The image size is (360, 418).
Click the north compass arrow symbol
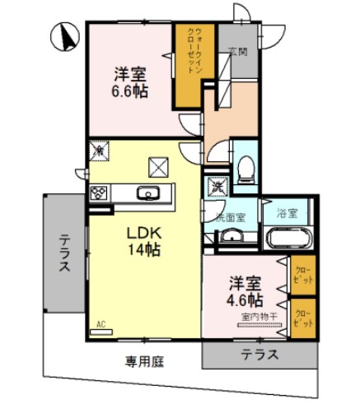(65, 36)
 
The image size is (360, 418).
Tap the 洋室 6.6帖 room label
(129, 82)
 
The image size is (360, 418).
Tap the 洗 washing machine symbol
(218, 187)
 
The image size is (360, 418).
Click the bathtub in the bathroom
(288, 239)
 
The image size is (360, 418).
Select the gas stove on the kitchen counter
(100, 194)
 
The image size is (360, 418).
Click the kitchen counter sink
(150, 194)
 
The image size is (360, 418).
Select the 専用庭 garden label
(143, 361)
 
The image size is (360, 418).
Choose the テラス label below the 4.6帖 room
(259, 355)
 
